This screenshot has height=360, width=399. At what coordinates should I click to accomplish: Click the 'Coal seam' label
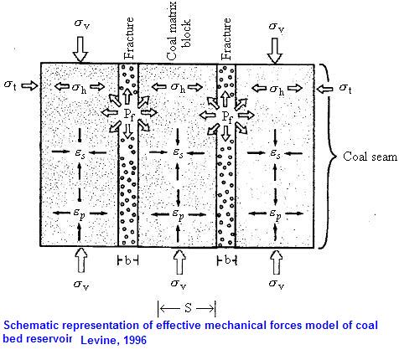pyautogui.click(x=370, y=157)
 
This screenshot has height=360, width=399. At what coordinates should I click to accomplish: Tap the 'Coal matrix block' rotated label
pyautogui.click(x=178, y=31)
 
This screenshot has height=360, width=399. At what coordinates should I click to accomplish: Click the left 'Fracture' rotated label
pyautogui.click(x=128, y=39)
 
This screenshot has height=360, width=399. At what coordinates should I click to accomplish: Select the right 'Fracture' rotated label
pyautogui.click(x=225, y=39)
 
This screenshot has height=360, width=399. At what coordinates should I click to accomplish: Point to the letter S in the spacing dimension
pyautogui.click(x=188, y=307)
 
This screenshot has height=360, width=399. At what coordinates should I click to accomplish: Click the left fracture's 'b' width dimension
pyautogui.click(x=128, y=260)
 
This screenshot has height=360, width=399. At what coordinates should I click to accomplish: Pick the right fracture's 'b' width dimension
pyautogui.click(x=227, y=260)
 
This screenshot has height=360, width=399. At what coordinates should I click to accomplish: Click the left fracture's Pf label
pyautogui.click(x=129, y=115)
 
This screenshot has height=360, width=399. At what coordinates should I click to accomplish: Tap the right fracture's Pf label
pyautogui.click(x=227, y=116)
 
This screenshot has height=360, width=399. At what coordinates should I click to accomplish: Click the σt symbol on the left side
pyautogui.click(x=10, y=85)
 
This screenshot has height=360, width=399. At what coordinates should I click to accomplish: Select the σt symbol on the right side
pyautogui.click(x=345, y=88)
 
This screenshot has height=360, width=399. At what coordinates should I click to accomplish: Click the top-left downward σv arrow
pyautogui.click(x=80, y=49)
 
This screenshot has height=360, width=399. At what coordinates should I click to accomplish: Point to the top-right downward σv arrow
pyautogui.click(x=275, y=50)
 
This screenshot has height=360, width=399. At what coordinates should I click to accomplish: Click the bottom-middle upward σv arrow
pyautogui.click(x=179, y=262)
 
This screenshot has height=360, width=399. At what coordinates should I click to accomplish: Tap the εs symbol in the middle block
pyautogui.click(x=178, y=152)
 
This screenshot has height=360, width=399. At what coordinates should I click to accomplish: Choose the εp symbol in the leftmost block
pyautogui.click(x=80, y=213)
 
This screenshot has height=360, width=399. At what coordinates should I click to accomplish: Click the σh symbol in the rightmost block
pyautogui.click(x=277, y=90)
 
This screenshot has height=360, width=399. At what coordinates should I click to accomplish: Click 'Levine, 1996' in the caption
pyautogui.click(x=113, y=340)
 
